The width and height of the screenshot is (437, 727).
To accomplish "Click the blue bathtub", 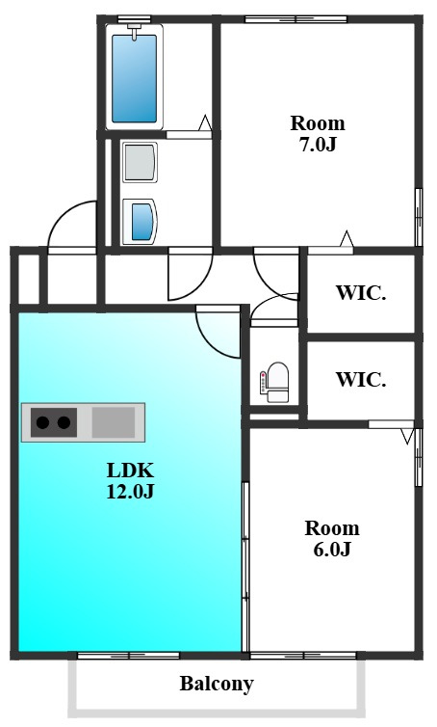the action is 134,78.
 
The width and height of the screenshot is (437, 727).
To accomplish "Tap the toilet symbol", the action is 275,382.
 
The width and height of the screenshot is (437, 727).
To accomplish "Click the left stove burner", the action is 42,422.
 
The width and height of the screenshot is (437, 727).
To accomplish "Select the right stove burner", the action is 64,422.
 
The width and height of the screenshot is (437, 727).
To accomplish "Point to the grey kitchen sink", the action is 114,422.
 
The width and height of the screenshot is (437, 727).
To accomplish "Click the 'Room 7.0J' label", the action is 318,134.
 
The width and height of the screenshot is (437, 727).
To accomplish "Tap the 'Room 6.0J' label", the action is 332,538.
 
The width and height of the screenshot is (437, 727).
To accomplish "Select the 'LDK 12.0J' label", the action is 130,481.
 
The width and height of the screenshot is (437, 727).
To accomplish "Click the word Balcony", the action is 217,684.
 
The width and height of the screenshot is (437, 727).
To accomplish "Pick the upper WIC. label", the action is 361,293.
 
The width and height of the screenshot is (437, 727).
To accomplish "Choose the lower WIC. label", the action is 361,379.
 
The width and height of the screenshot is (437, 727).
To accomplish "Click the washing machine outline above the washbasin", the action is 140,162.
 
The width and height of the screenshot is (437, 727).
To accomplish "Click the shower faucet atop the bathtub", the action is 135,30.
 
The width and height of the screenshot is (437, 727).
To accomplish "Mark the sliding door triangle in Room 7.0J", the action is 347,239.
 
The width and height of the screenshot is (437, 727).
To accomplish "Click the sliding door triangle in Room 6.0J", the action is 407,436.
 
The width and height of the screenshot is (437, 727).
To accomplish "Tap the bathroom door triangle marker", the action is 205,122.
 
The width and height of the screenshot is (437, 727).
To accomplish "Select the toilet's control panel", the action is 264,383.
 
